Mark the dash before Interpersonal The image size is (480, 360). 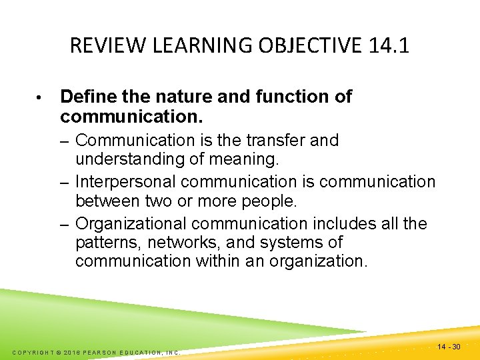(65, 182)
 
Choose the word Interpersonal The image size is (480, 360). (125, 181)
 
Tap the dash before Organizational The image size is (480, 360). (65, 224)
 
